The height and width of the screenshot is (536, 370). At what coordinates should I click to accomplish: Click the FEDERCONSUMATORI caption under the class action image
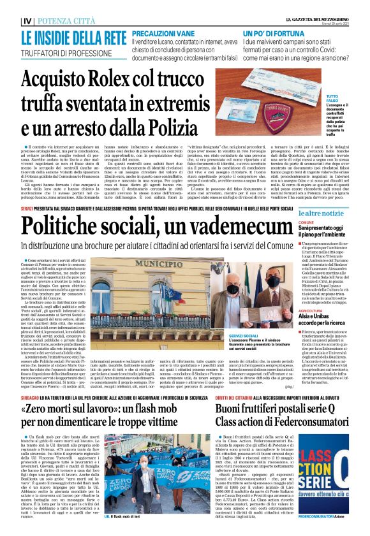click(x=330, y=516)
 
